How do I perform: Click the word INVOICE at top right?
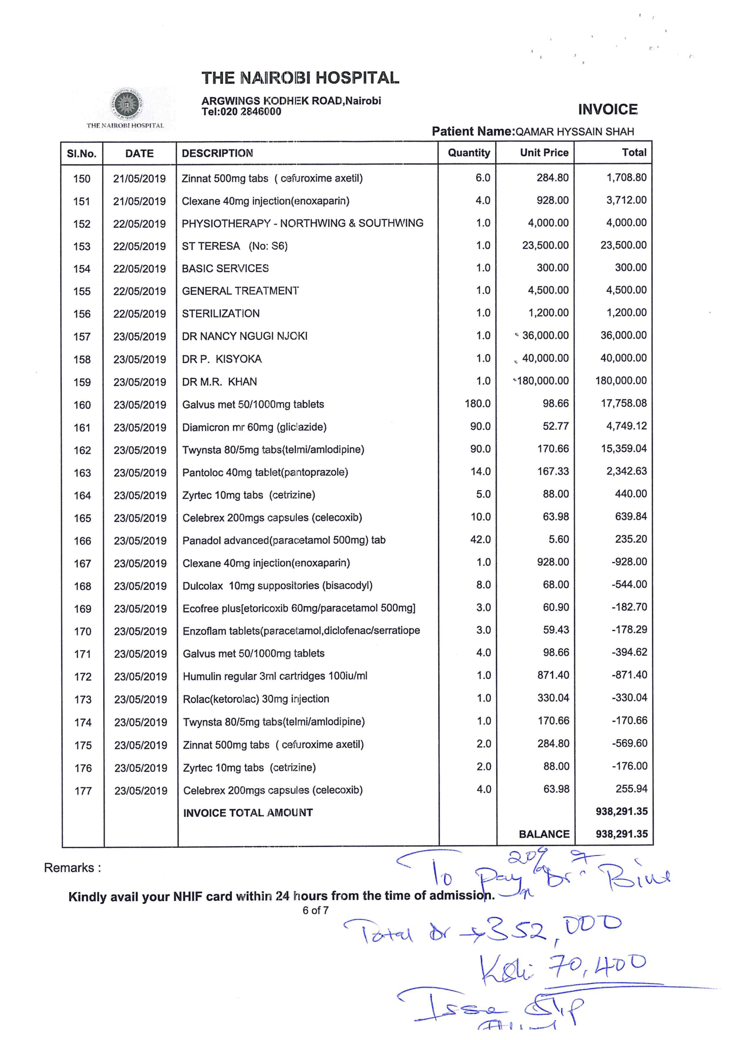[607, 109]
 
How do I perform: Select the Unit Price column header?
[544, 153]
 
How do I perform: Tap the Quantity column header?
[469, 153]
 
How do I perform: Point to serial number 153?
[81, 246]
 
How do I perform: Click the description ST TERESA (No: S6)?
[235, 246]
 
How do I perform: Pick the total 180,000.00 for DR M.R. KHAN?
[620, 380]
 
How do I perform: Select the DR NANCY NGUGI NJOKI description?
[244, 336]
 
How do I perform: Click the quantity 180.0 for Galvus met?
[477, 403]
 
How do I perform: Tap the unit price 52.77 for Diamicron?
[556, 426]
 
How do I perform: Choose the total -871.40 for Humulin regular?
[630, 675]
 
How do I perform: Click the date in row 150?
[139, 178]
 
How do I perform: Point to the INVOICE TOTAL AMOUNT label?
[247, 813]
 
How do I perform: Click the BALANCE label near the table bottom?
[544, 834]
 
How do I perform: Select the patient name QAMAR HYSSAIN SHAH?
[574, 132]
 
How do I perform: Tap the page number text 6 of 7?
[315, 911]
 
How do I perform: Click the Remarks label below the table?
[72, 868]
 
